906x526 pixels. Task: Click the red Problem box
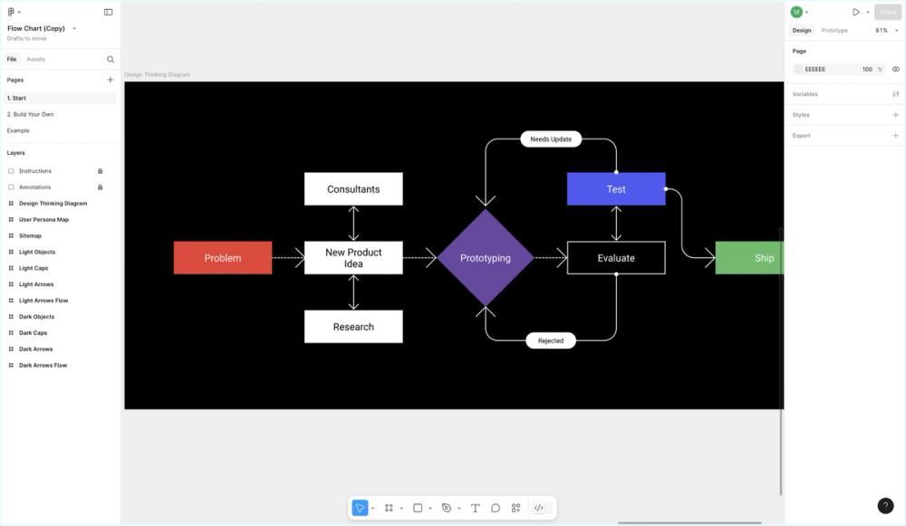[223, 258]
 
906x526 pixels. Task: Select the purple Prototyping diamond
[485, 258]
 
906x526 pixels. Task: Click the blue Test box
[616, 189]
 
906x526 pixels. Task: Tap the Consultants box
[353, 189]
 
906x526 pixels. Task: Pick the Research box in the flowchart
[353, 327]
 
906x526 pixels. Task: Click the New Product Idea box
[353, 258]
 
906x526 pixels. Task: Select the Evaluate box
[616, 258]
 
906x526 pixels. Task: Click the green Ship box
[749, 258]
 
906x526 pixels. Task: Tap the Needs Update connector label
[551, 139]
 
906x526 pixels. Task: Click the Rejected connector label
[551, 341]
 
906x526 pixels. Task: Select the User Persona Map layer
[43, 220]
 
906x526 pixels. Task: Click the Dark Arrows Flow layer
[43, 366]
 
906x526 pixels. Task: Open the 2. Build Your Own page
[30, 114]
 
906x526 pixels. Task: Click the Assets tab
[35, 59]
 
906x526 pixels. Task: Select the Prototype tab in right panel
[834, 30]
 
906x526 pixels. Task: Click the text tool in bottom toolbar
[475, 508]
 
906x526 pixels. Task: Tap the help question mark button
[885, 506]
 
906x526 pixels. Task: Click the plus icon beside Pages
[111, 80]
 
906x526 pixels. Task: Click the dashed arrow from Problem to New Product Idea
[288, 258]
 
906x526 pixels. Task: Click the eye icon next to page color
[895, 69]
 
